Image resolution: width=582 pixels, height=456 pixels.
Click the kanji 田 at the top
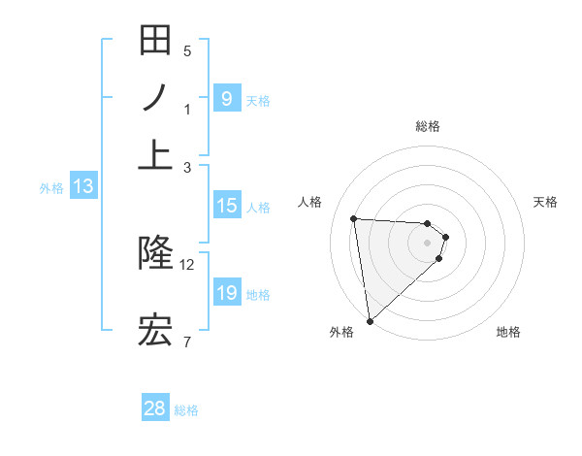click(155, 44)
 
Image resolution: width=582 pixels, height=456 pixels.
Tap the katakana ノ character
click(155, 99)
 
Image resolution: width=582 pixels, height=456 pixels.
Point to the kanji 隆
click(155, 254)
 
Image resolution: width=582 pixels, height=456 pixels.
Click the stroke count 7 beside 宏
click(187, 342)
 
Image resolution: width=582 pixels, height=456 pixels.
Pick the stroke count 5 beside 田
click(187, 51)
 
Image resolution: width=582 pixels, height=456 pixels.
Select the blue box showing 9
click(226, 99)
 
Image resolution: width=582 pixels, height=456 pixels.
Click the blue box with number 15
click(226, 206)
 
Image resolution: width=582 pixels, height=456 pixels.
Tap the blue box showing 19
click(226, 293)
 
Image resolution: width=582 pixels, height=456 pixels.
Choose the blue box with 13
click(82, 187)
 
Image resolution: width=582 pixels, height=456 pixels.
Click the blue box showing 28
click(155, 408)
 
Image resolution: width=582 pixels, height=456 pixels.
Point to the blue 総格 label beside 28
click(186, 410)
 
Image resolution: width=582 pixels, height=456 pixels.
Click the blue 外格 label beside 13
click(51, 188)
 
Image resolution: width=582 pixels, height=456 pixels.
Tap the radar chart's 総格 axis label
click(428, 126)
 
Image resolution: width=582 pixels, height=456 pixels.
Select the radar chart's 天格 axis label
click(546, 202)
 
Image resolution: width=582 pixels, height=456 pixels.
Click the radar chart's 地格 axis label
click(508, 333)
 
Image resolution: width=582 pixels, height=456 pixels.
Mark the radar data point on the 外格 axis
click(370, 321)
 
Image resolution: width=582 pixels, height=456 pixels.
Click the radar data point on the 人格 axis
click(354, 218)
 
